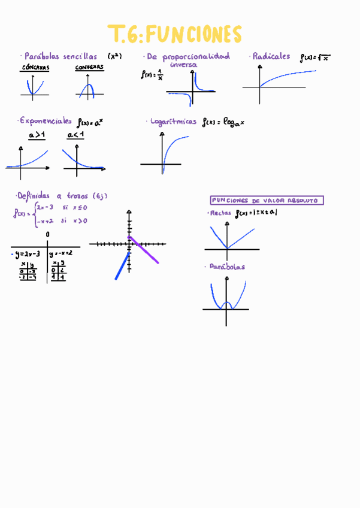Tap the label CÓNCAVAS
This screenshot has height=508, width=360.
pyautogui.click(x=35, y=68)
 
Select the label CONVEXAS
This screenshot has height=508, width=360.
pyautogui.click(x=89, y=68)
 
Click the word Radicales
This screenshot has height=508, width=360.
pyautogui.click(x=271, y=56)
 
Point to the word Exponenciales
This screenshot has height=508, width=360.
pyautogui.click(x=46, y=120)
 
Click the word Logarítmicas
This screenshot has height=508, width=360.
pyautogui.click(x=174, y=121)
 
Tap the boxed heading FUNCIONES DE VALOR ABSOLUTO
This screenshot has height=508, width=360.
pyautogui.click(x=267, y=201)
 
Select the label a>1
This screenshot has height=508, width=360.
pyautogui.click(x=37, y=136)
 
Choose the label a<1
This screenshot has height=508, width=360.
pyautogui.click(x=75, y=136)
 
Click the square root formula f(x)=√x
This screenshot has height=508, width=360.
pyautogui.click(x=315, y=58)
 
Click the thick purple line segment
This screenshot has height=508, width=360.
pyautogui.click(x=144, y=250)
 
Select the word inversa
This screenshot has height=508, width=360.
pyautogui.click(x=183, y=64)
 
